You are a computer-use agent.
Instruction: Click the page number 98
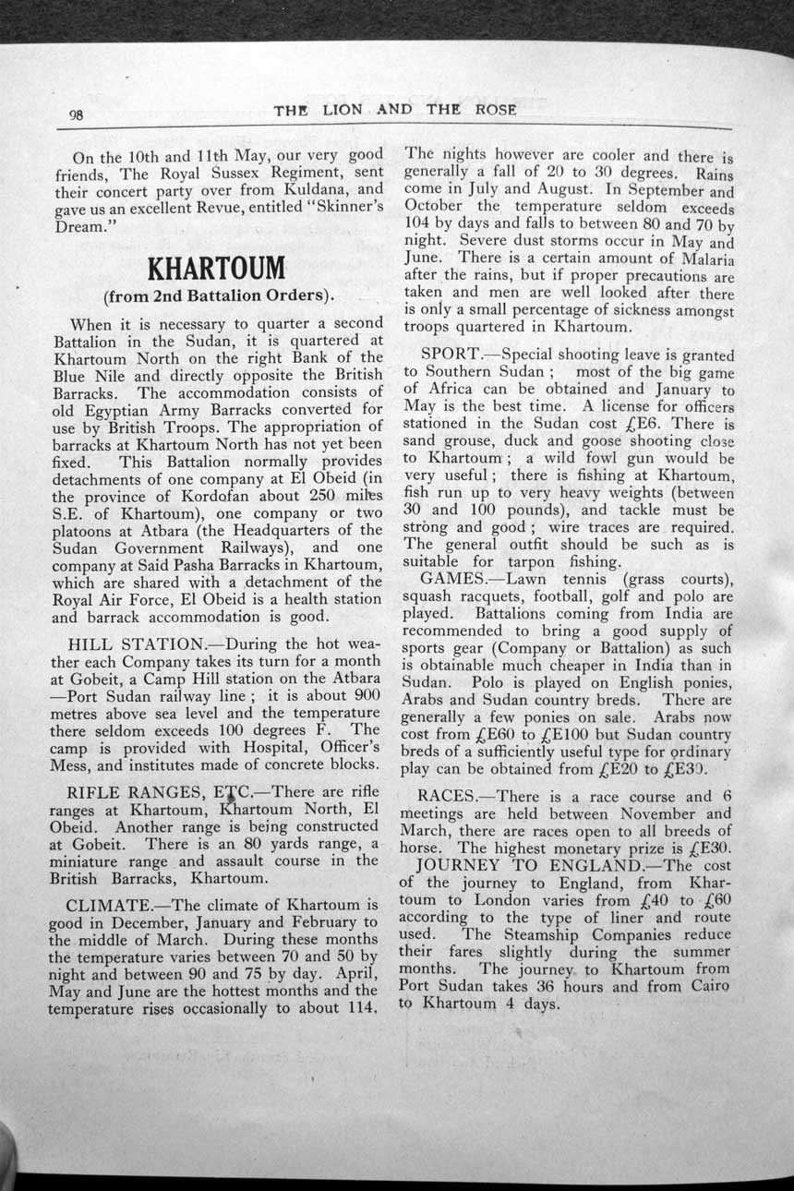[x=77, y=115]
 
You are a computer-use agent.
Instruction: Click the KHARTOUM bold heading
[x=216, y=270]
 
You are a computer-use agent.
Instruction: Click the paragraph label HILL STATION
[x=139, y=644]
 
